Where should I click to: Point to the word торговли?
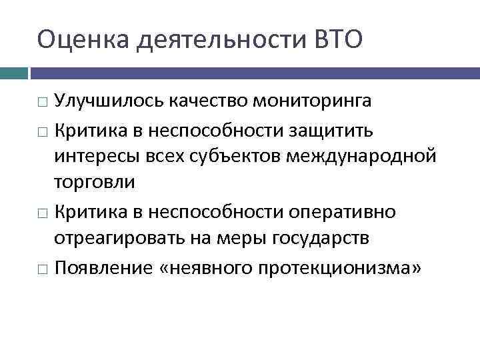(x=94, y=182)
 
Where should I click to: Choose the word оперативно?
(x=338, y=212)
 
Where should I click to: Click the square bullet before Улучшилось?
(x=43, y=103)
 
